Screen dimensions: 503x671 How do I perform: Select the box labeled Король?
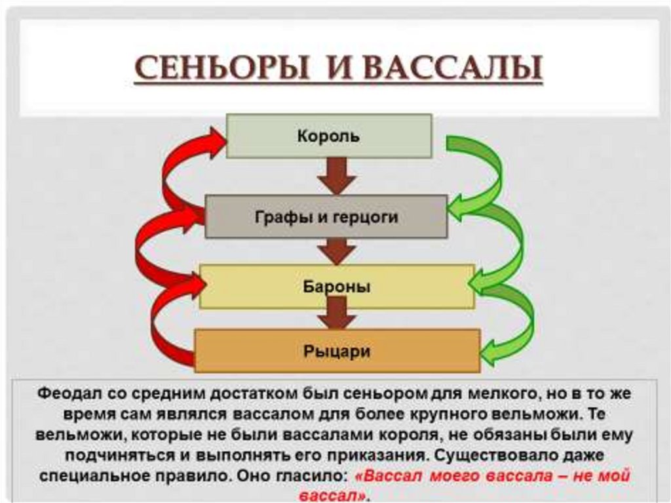coord(329,136)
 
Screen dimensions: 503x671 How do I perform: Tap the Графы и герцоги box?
coord(326,216)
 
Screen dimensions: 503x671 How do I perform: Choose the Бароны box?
coord(337,287)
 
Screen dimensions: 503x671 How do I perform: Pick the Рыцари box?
coord(337,351)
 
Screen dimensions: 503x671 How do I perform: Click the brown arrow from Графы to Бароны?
coord(337,251)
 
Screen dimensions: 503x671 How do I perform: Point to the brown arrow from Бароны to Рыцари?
coord(337,317)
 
